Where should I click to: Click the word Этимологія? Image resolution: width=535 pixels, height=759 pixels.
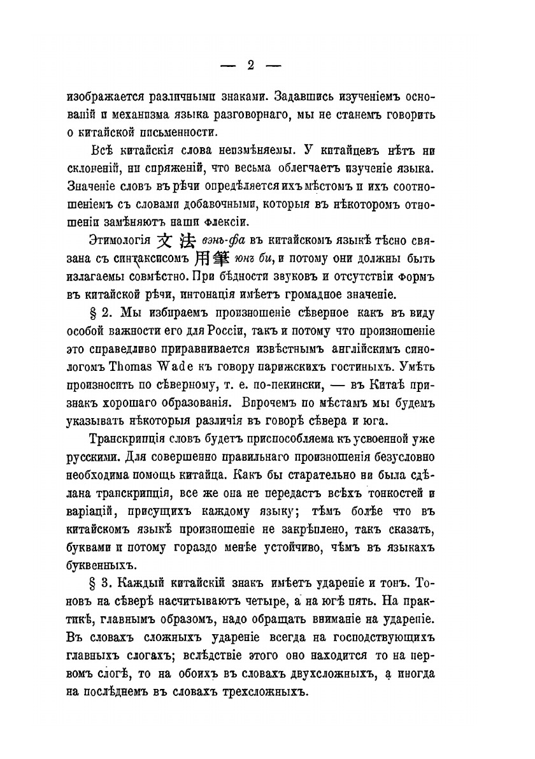(x=117, y=241)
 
